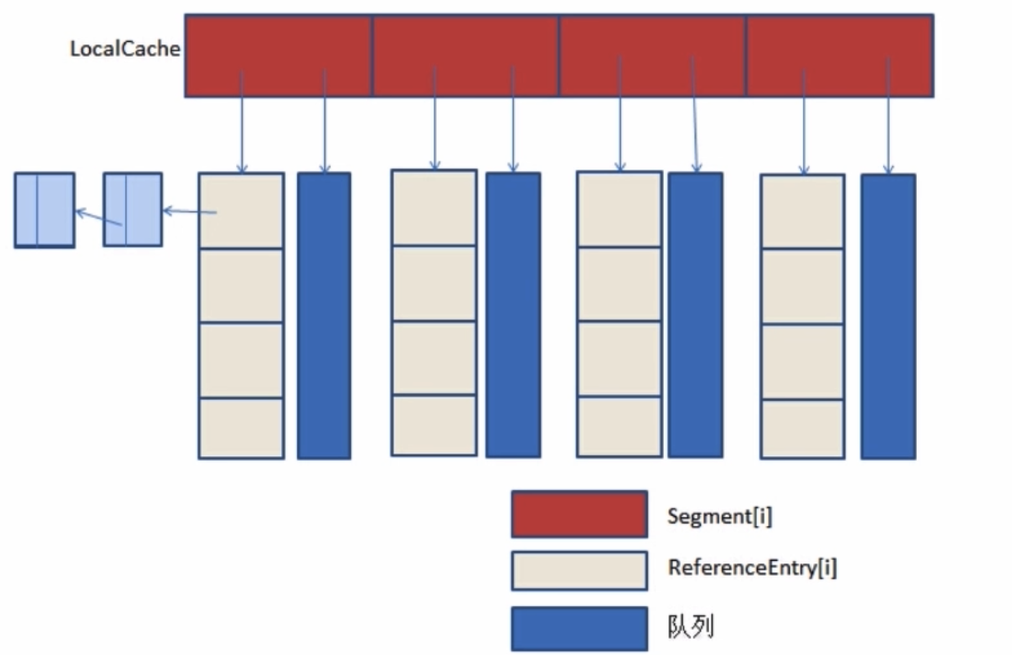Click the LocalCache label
(125, 49)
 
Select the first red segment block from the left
(278, 55)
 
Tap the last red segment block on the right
(840, 55)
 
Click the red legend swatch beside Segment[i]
(579, 513)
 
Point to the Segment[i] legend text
(719, 516)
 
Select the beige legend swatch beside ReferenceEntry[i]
(579, 570)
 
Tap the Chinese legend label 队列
(691, 626)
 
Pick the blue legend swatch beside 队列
(579, 628)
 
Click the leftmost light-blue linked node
(44, 210)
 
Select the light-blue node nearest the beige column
(133, 209)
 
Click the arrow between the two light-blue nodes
(98, 217)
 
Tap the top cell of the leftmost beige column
(241, 211)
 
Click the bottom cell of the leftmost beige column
(241, 428)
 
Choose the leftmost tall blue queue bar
(324, 315)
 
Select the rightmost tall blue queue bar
(888, 316)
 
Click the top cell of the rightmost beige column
(803, 211)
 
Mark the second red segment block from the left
(465, 55)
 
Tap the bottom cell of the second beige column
(434, 425)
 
